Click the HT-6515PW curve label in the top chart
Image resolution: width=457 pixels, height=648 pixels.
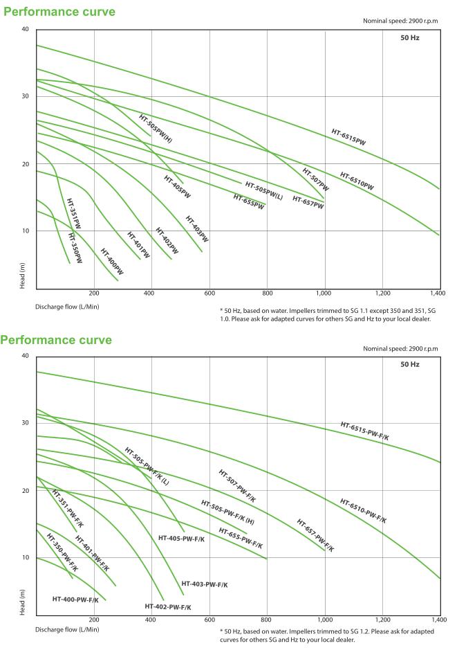pyautogui.click(x=348, y=136)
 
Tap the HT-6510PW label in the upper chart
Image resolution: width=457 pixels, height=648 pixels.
pyautogui.click(x=357, y=181)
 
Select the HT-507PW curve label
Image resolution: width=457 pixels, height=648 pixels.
pyautogui.click(x=315, y=179)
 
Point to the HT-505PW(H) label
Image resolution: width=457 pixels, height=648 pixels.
pyautogui.click(x=156, y=128)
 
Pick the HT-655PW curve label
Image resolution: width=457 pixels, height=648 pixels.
pyautogui.click(x=248, y=201)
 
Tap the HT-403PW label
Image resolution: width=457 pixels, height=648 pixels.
pyautogui.click(x=196, y=228)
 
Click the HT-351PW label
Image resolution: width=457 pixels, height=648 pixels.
pyautogui.click(x=73, y=214)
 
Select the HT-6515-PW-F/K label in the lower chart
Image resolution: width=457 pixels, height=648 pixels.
pyautogui.click(x=364, y=431)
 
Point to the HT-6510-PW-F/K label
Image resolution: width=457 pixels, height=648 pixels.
pyautogui.click(x=363, y=510)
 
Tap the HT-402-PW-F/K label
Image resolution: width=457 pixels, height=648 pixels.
pyautogui.click(x=168, y=606)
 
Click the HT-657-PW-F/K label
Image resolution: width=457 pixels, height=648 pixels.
pyautogui.click(x=315, y=535)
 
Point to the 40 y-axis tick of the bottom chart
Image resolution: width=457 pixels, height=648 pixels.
pyautogui.click(x=25, y=356)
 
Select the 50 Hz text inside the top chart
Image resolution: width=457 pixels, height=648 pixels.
pyautogui.click(x=409, y=38)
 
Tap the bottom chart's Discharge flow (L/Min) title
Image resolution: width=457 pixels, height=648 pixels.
pyautogui.click(x=68, y=629)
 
